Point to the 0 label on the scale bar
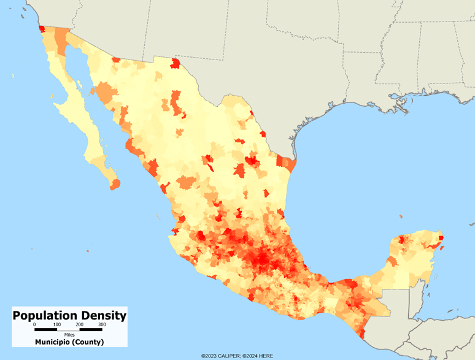[x=34, y=324]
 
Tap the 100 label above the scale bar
[x=57, y=324]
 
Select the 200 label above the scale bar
[x=80, y=324]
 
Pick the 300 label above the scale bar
[x=102, y=324]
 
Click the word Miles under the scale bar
[x=69, y=335]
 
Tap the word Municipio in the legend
[x=54, y=342]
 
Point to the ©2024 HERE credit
[x=260, y=356]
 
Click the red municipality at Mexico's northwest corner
[x=42, y=28]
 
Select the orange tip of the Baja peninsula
[x=115, y=183]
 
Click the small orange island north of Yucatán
[x=400, y=216]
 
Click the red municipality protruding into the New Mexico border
[x=176, y=63]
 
